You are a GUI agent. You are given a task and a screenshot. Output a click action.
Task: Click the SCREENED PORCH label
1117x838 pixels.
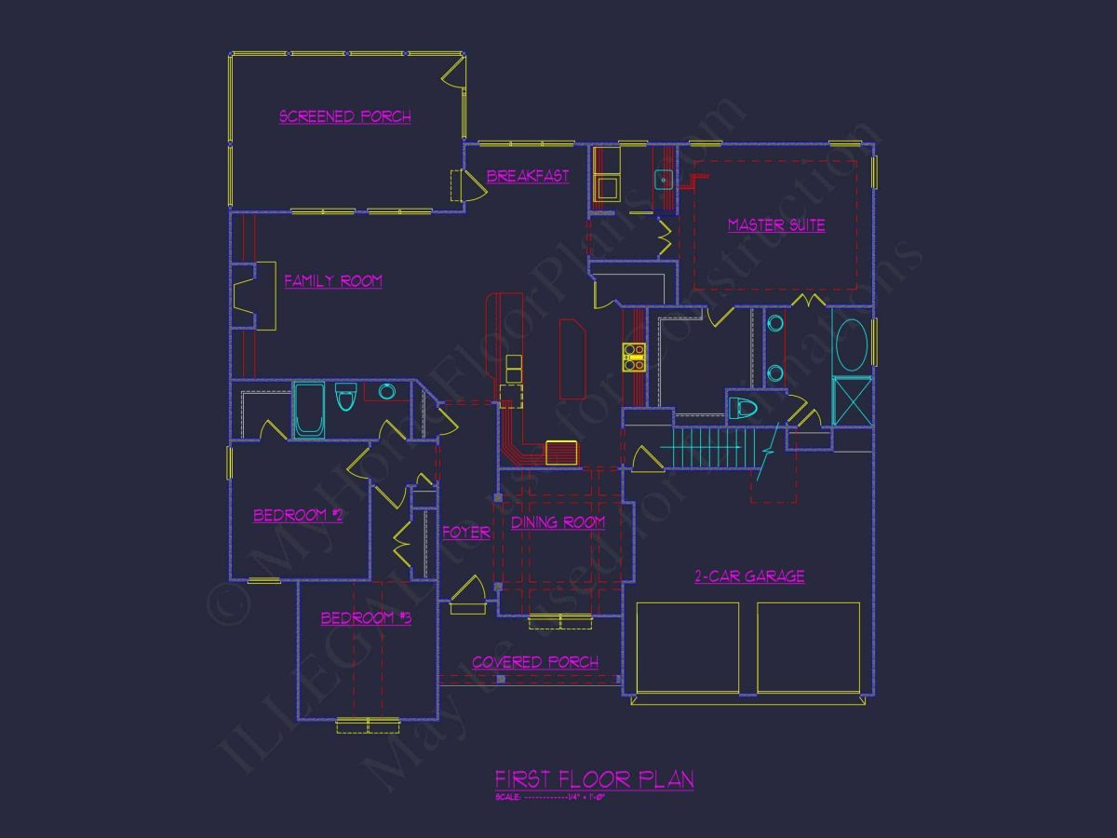click(345, 116)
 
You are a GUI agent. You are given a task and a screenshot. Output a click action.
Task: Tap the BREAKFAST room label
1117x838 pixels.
click(528, 176)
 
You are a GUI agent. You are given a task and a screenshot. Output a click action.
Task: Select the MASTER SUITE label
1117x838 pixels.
click(776, 224)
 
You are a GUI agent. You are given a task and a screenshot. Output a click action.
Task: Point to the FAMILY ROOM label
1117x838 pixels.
click(333, 280)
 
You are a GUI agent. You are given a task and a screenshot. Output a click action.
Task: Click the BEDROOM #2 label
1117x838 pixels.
click(298, 515)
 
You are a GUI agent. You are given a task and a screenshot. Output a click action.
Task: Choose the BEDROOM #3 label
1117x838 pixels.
click(366, 617)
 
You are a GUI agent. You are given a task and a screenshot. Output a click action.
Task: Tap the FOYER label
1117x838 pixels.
click(465, 533)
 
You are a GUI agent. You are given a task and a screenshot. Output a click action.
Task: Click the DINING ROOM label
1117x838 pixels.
click(558, 522)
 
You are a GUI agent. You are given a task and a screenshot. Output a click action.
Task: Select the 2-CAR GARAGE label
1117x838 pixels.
click(749, 576)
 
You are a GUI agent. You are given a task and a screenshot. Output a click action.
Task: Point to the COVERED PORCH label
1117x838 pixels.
click(535, 662)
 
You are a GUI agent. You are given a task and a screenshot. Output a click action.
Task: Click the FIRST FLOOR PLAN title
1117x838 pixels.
click(594, 779)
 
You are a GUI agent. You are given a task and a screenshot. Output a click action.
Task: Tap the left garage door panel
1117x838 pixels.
click(687, 648)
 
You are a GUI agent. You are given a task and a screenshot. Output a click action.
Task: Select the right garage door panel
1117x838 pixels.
click(808, 648)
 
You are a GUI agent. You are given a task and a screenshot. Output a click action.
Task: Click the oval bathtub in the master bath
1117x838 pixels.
click(852, 345)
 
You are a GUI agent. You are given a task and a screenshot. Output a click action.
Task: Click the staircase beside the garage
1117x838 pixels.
click(712, 448)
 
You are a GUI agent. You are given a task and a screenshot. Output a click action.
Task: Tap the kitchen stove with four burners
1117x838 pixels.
click(635, 357)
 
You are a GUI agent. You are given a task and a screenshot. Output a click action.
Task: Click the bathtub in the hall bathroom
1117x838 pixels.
click(309, 410)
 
